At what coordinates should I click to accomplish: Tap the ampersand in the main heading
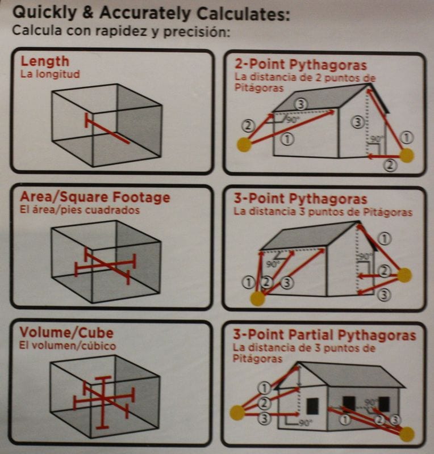(x=88, y=12)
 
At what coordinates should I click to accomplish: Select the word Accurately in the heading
(x=145, y=14)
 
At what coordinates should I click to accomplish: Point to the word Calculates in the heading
(x=243, y=14)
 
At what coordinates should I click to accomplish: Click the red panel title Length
(x=45, y=62)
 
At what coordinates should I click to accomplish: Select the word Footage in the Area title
(x=141, y=197)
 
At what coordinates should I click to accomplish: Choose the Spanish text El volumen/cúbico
(x=67, y=346)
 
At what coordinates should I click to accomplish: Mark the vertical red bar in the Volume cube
(x=103, y=402)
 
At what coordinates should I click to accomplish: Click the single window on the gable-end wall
(x=312, y=406)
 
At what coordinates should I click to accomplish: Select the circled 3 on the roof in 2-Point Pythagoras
(x=301, y=104)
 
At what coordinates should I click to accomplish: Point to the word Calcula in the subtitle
(x=37, y=30)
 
